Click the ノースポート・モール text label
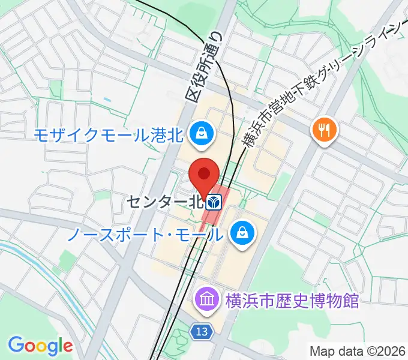pyautogui.click(x=144, y=233)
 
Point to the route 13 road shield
pyautogui.click(x=202, y=331)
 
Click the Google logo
pyautogui.click(x=40, y=345)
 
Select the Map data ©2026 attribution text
pyautogui.click(x=358, y=350)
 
